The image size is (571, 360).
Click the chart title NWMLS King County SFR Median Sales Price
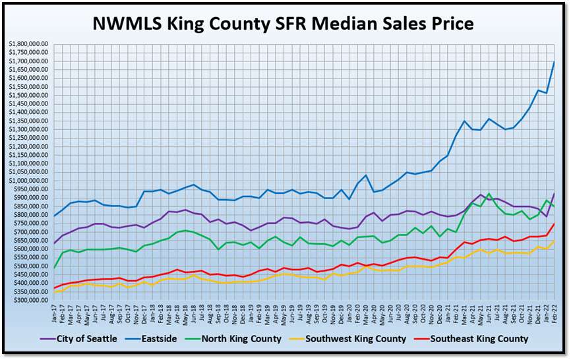(x=284, y=24)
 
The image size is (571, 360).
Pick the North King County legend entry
(x=269, y=339)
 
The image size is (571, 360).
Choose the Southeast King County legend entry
(x=479, y=339)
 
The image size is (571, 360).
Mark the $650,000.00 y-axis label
(x=28, y=241)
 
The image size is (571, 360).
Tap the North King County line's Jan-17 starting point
(x=55, y=268)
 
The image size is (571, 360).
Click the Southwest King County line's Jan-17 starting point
(x=55, y=292)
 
